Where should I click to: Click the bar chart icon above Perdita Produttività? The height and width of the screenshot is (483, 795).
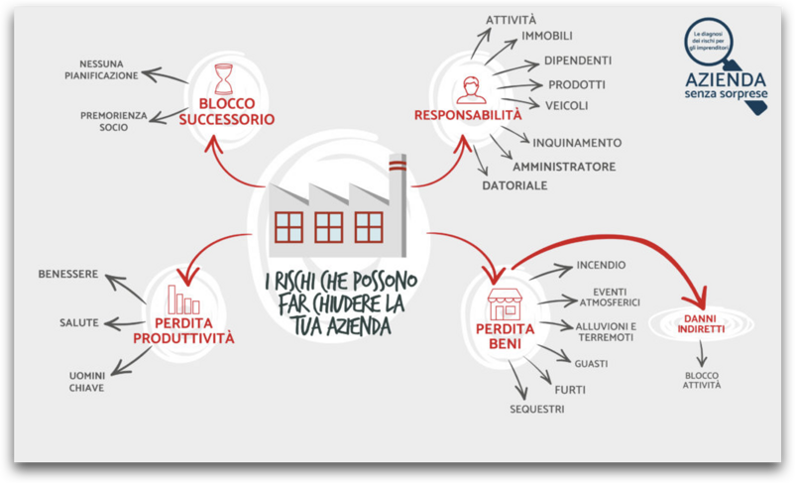[183, 299]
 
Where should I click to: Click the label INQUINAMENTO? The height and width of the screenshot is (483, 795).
[577, 143]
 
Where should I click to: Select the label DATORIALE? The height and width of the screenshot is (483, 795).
[514, 185]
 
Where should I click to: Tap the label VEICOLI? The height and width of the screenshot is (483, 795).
[566, 105]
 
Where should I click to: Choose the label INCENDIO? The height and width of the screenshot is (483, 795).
[601, 266]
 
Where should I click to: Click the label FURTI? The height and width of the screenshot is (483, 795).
[569, 390]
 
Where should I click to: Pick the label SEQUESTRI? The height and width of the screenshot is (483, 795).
[536, 409]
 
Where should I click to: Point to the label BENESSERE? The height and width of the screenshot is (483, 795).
[68, 274]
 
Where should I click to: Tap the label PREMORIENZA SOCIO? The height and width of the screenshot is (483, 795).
[114, 121]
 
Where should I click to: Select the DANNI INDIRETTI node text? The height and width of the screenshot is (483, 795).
[701, 323]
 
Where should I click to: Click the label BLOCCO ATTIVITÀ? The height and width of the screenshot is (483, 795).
[702, 380]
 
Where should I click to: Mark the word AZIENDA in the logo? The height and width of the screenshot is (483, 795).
[724, 77]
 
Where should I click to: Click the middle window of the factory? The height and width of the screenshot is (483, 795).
[328, 228]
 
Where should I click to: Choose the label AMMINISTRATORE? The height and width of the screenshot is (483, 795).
[563, 167]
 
